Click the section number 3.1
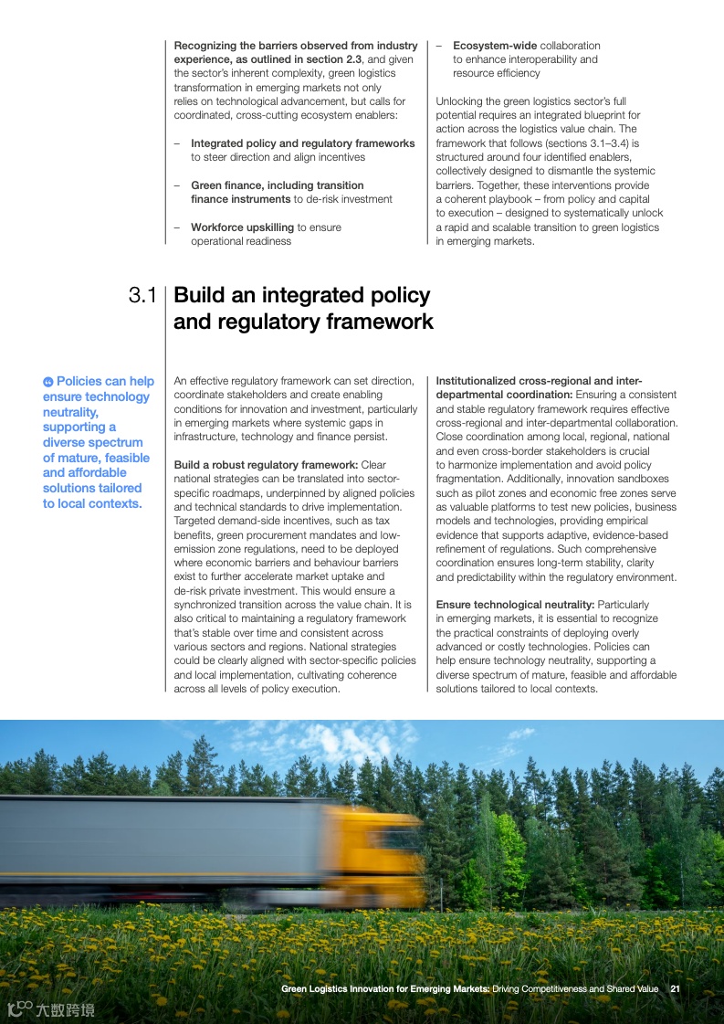(142, 296)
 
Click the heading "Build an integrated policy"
(301, 296)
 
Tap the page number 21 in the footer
(676, 988)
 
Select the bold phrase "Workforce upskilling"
(242, 227)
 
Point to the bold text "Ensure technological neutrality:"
(515, 605)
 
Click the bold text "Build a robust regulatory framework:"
(266, 465)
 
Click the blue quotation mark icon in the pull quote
(48, 382)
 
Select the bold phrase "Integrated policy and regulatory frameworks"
(302, 143)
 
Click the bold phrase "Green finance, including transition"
(278, 185)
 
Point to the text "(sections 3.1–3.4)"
(596, 143)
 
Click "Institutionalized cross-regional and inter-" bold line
(539, 381)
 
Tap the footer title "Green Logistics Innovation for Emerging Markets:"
(385, 988)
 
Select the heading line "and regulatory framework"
(303, 322)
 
